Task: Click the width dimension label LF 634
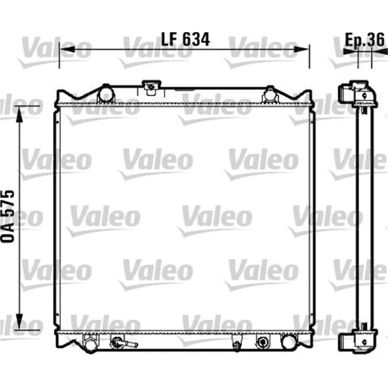pos(185,39)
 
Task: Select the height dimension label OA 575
pos(7,216)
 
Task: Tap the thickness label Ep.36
pos(365,40)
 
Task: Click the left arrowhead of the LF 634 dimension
pos(67,49)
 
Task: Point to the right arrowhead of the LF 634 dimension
pos(302,49)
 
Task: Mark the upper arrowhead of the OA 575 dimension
pos(19,114)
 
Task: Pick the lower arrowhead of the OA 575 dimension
pos(19,321)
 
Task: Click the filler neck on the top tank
pos(151,87)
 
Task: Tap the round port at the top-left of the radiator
pos(107,94)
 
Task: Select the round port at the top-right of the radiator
pos(270,94)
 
